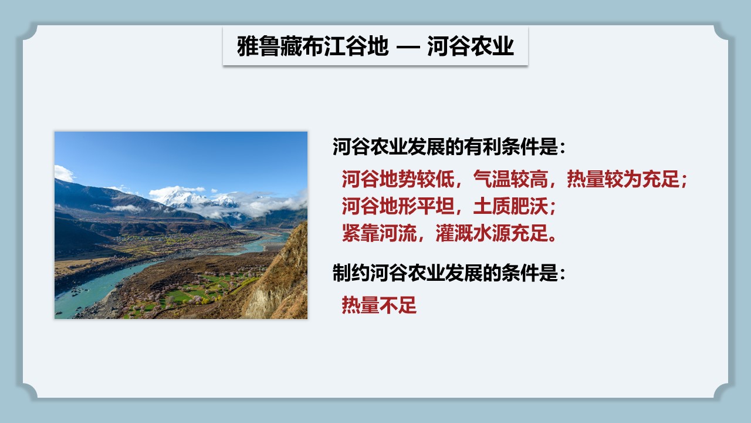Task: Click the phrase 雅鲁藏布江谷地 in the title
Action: coord(313,46)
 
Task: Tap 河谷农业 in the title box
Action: coord(471,46)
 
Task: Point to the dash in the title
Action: coord(408,48)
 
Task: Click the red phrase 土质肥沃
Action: coord(510,206)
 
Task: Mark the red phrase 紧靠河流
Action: coord(379,233)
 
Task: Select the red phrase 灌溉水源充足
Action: coord(492,233)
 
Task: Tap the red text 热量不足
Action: coord(379,305)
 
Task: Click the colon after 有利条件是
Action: coord(562,148)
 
